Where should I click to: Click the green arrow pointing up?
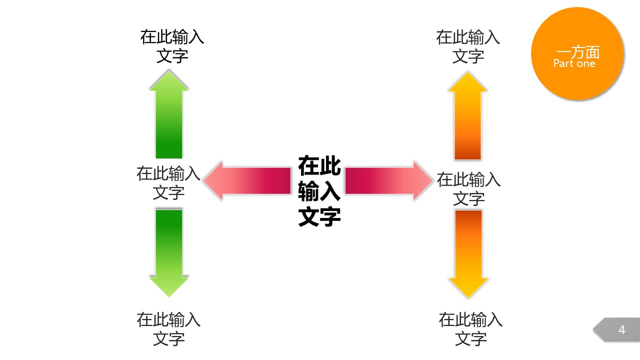169,114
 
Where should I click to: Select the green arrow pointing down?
169,253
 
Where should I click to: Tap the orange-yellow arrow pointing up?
467,115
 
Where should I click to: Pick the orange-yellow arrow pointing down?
468,254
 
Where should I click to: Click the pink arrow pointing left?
247,181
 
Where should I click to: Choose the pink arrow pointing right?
389,181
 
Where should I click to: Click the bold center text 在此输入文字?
319,191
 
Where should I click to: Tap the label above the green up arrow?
172,46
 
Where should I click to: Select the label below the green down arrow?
168,329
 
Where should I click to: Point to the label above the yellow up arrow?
468,46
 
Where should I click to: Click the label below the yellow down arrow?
470,329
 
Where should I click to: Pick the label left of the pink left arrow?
168,183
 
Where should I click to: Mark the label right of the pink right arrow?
468,189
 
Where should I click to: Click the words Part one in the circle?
574,63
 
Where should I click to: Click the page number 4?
621,330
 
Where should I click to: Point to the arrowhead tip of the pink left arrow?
203,181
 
